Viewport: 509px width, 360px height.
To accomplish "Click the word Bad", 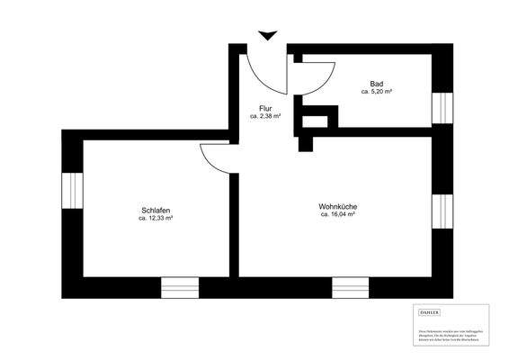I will (x=376, y=83).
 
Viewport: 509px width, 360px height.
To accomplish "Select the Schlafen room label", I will (x=156, y=210).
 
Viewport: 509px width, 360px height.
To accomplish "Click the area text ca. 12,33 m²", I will (x=156, y=219).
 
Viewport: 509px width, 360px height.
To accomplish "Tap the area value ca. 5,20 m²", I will (x=376, y=92).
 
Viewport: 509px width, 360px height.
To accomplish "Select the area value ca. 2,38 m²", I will (x=265, y=117).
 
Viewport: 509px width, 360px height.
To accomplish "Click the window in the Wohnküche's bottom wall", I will (x=351, y=289).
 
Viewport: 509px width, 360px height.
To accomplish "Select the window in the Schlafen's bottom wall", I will (x=180, y=289).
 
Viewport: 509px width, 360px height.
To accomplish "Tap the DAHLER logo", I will (x=431, y=312).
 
